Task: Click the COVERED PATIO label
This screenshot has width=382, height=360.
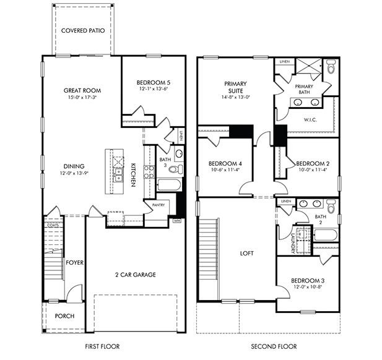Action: pyautogui.click(x=82, y=30)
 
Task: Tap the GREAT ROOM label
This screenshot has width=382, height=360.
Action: pyautogui.click(x=82, y=90)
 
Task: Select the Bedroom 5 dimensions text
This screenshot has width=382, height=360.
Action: pyautogui.click(x=153, y=89)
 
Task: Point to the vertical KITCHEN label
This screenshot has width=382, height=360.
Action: pyautogui.click(x=133, y=169)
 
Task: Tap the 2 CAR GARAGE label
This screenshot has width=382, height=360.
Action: pyautogui.click(x=135, y=274)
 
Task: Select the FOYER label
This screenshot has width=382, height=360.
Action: pyautogui.click(x=75, y=262)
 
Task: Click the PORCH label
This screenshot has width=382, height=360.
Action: pyautogui.click(x=64, y=316)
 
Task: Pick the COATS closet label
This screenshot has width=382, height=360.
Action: pyautogui.click(x=53, y=226)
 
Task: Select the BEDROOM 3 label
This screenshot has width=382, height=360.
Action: pyautogui.click(x=309, y=281)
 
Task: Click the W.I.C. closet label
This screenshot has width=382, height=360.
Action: pyautogui.click(x=310, y=120)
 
